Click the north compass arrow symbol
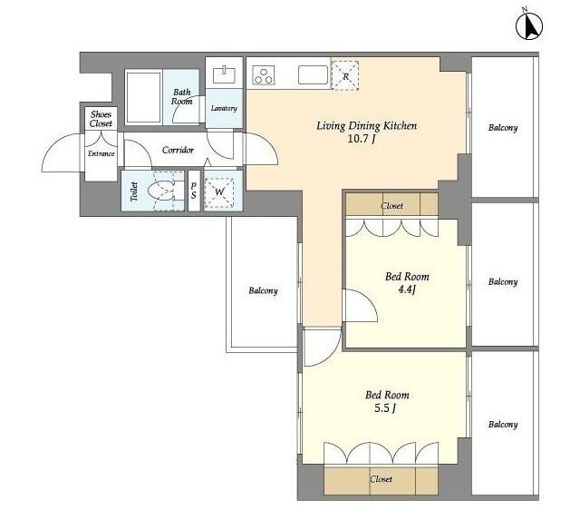click(529, 26)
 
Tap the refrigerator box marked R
click(345, 75)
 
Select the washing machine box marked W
click(219, 192)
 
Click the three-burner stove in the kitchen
click(264, 75)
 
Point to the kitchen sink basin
click(313, 75)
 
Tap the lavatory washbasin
click(224, 74)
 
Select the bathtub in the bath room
click(143, 98)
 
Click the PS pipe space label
click(193, 191)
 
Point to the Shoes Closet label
click(101, 119)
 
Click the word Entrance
click(101, 153)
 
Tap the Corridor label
click(178, 150)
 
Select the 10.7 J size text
click(362, 139)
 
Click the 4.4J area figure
click(407, 289)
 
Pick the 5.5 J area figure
click(385, 408)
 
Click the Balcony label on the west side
click(263, 290)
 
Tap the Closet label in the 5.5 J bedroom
click(381, 479)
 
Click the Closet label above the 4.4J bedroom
click(391, 206)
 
